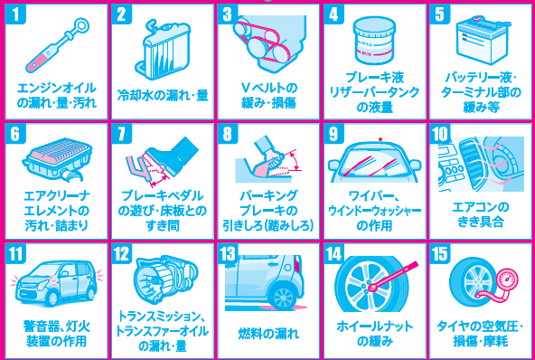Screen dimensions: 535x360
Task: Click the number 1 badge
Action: click(x=15, y=14)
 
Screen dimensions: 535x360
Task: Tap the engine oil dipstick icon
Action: click(x=57, y=46)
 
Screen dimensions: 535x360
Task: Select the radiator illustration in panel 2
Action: click(x=164, y=49)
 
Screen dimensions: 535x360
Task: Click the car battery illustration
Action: click(x=482, y=41)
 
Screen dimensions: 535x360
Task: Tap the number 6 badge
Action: click(x=15, y=134)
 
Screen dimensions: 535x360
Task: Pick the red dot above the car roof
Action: click(x=380, y=139)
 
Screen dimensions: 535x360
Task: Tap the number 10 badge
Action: click(x=440, y=134)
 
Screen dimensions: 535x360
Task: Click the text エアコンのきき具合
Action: click(x=481, y=214)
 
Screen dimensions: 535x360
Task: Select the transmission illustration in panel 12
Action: click(x=166, y=280)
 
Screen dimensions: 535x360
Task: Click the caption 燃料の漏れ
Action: click(x=268, y=334)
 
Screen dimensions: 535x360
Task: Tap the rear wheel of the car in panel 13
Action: click(x=284, y=297)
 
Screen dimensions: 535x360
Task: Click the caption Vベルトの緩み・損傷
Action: click(x=268, y=96)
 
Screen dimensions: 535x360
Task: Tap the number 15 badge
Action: click(x=440, y=254)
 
